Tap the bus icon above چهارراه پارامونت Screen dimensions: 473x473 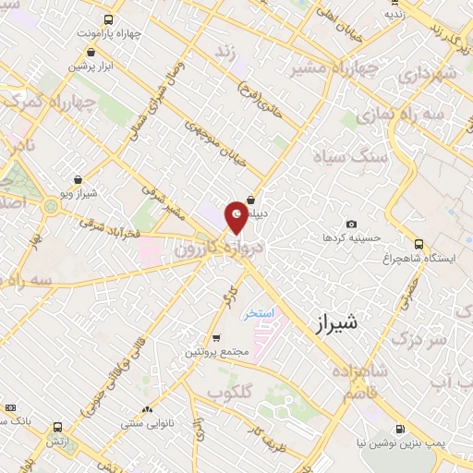tap(109, 19)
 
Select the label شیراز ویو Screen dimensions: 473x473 tap(79, 193)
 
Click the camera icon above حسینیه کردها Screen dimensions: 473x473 tap(351, 224)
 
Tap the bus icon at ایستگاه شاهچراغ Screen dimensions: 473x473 tap(419, 245)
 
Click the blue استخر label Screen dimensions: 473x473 tap(260, 314)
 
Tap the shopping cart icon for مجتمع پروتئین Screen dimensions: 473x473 tap(216, 339)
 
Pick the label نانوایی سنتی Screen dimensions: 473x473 tap(144, 425)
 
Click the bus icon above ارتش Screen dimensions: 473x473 tap(58, 427)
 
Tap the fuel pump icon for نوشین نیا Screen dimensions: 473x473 tap(399, 429)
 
